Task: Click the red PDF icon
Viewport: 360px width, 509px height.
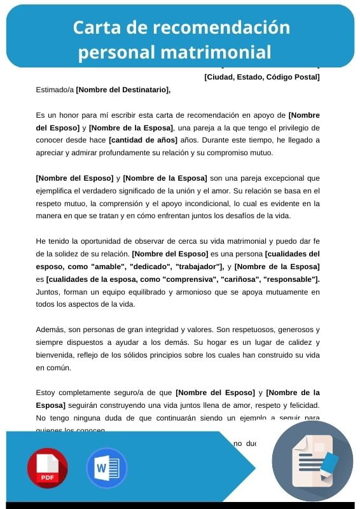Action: [x=47, y=468]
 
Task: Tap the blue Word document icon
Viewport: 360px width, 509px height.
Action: [x=106, y=468]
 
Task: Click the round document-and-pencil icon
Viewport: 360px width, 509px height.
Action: [x=312, y=461]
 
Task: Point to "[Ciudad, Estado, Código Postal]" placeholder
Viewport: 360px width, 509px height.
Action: [x=261, y=78]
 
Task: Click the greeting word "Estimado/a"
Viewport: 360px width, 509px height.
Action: [x=55, y=90]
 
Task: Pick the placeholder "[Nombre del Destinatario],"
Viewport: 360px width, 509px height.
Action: [x=123, y=90]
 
